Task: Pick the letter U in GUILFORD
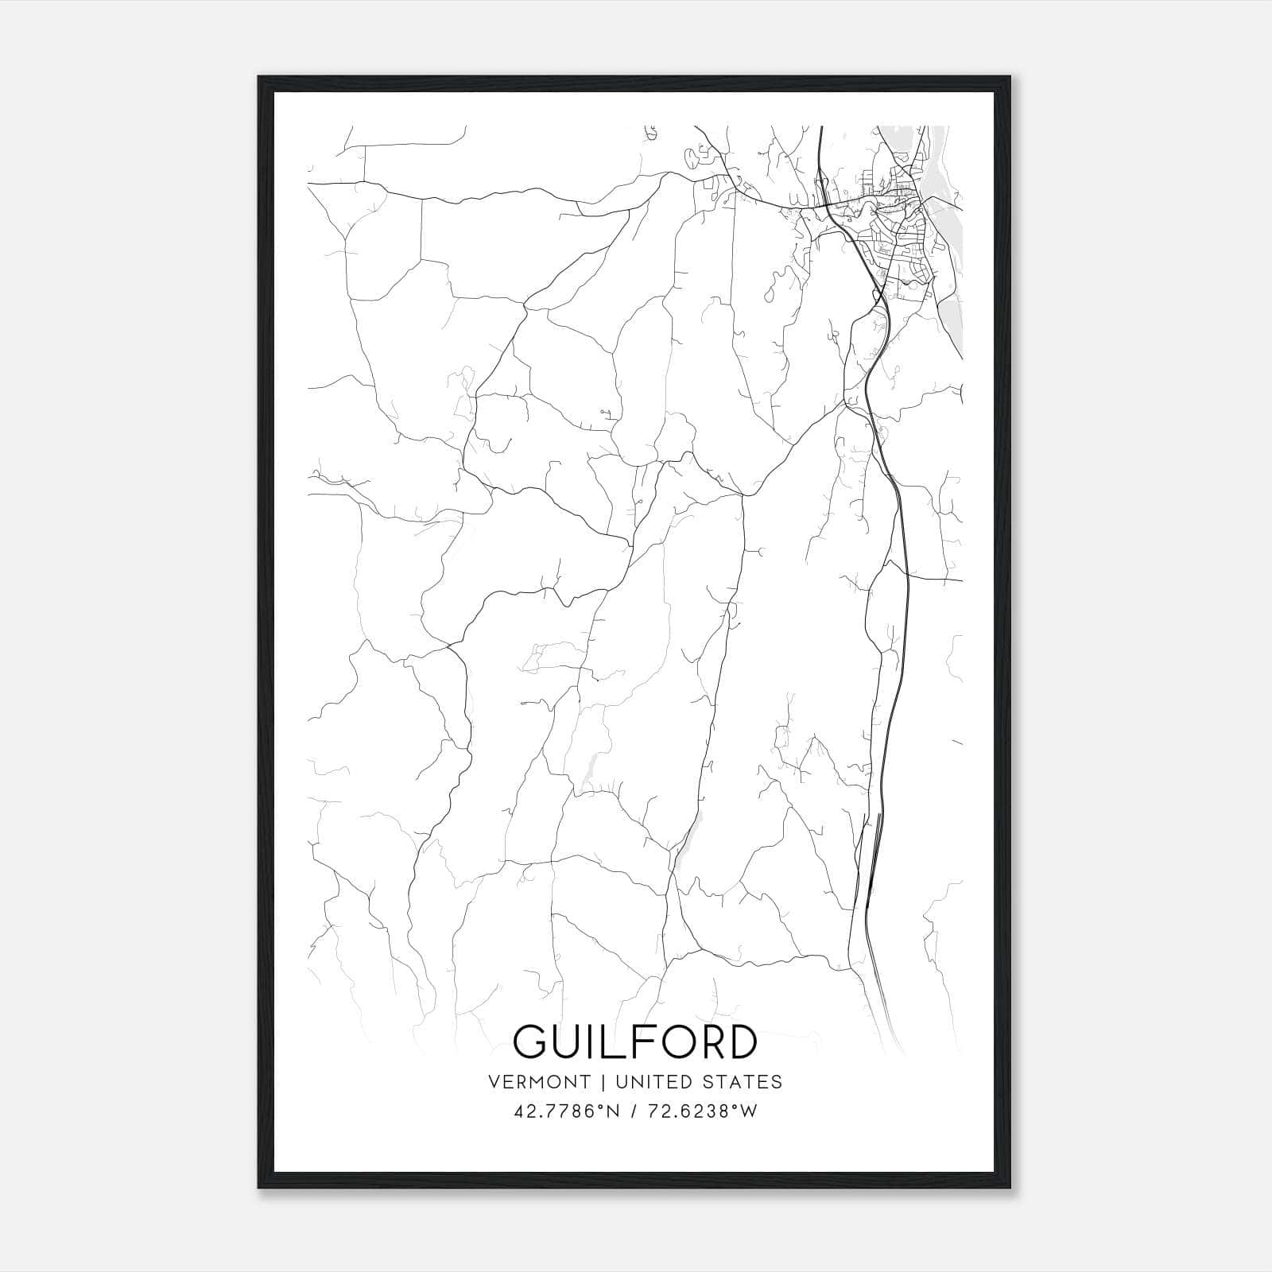pos(568,1042)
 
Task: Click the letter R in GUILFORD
pos(703,1042)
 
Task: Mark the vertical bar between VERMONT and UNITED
pos(603,1082)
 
